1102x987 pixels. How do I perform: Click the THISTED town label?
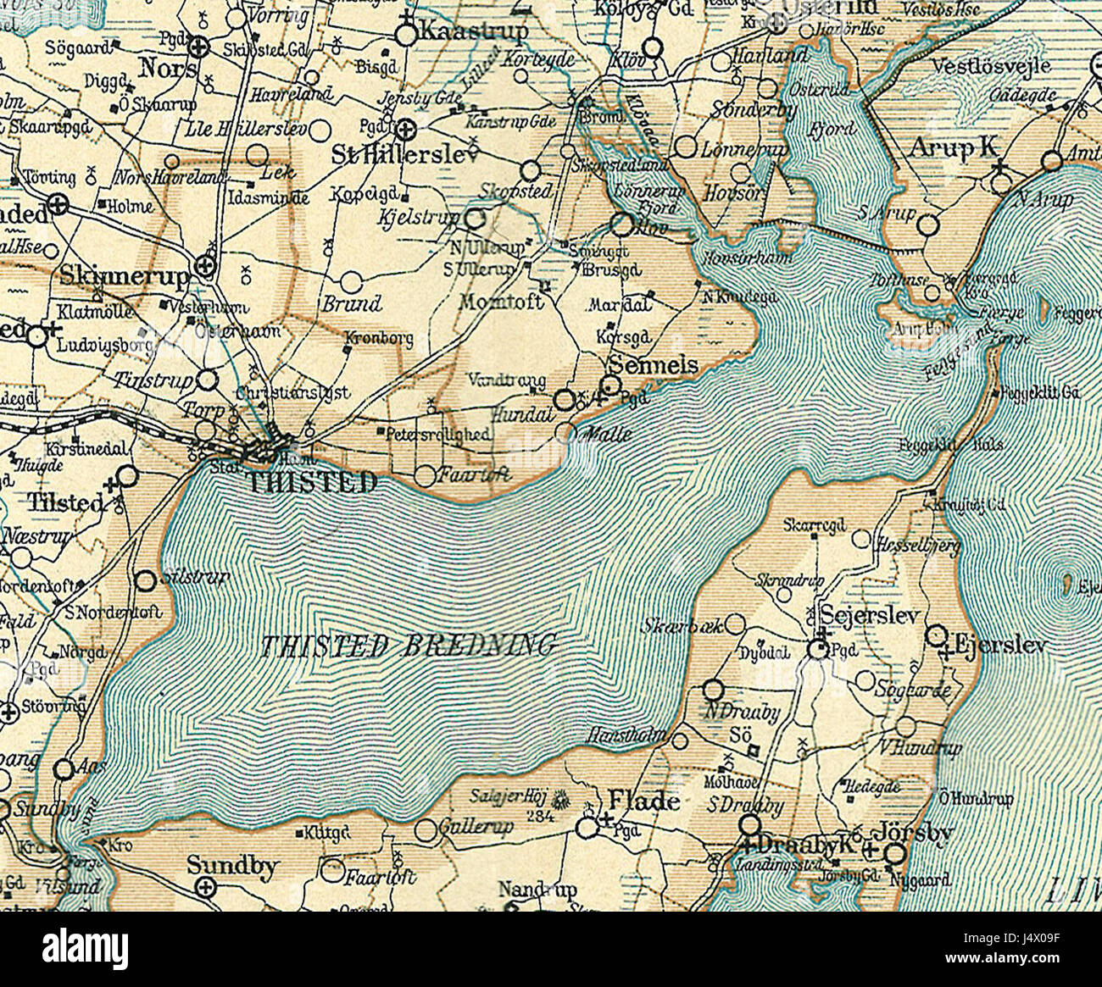coord(311,483)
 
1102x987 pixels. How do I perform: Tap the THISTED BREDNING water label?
coord(408,646)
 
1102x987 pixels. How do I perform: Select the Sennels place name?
coord(654,365)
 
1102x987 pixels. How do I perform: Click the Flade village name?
coord(644,801)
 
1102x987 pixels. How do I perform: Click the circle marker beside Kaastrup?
coord(408,35)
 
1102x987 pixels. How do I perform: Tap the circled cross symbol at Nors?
coord(198,46)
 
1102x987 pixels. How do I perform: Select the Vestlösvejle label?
coord(990,65)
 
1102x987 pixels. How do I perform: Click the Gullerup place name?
coord(476,826)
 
